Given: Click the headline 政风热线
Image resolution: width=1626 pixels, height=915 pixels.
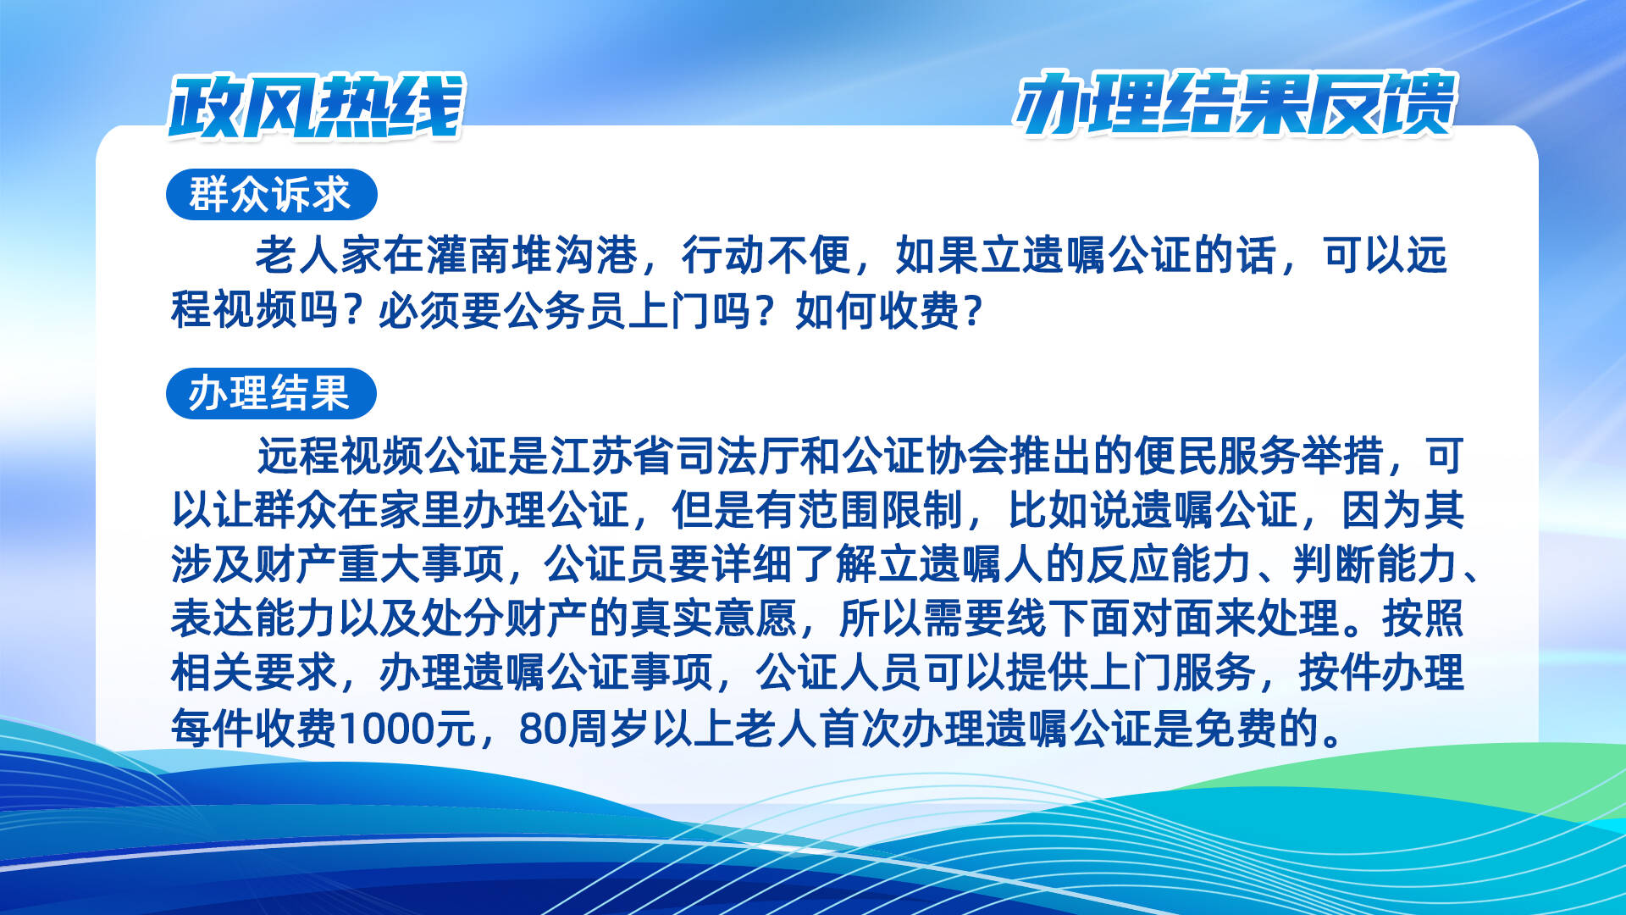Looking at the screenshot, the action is pyautogui.click(x=317, y=107).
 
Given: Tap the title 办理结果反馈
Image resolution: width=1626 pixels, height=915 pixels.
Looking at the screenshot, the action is pyautogui.click(x=1235, y=104).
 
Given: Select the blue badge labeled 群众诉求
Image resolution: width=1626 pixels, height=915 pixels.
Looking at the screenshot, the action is pyautogui.click(x=271, y=195).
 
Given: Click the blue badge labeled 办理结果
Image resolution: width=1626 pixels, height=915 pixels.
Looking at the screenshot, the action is pyautogui.click(x=271, y=394).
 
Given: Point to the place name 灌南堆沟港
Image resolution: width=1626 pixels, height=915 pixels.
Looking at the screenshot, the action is pyautogui.click(x=532, y=255).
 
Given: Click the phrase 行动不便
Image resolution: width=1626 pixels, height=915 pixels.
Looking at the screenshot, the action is pyautogui.click(x=766, y=255).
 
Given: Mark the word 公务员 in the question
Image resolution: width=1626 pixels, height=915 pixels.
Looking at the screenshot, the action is pyautogui.click(x=567, y=311).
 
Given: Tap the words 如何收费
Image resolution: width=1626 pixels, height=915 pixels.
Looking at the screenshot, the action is pyautogui.click(x=878, y=311).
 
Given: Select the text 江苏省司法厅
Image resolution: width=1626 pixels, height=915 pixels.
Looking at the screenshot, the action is pyautogui.click(x=675, y=456).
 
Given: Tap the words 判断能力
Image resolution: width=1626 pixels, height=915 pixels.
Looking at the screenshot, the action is pyautogui.click(x=1375, y=564).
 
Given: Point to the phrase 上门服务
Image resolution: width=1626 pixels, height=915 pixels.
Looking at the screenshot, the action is pyautogui.click(x=1173, y=673).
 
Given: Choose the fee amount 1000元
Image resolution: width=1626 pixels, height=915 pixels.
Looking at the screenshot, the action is pyautogui.click(x=407, y=728).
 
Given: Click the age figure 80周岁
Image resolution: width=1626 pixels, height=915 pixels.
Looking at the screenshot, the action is pyautogui.click(x=584, y=728).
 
